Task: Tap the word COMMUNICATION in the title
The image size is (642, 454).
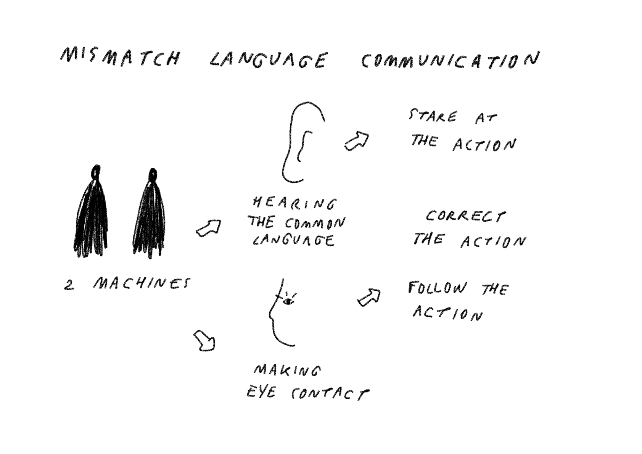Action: [x=450, y=61]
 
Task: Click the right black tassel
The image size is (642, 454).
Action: [x=149, y=214]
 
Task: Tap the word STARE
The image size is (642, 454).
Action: [x=432, y=117]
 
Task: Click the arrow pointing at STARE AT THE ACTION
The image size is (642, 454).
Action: [x=356, y=141]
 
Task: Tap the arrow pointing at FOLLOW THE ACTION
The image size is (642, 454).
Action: [x=369, y=298]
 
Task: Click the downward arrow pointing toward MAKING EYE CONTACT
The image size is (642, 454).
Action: [x=204, y=341]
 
